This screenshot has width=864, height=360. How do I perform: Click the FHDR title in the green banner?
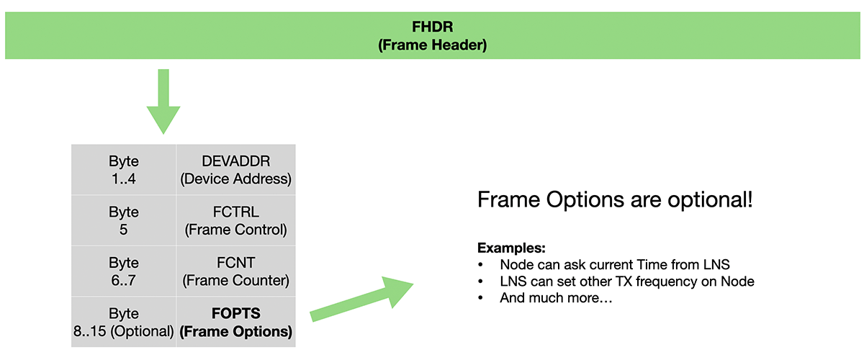click(x=433, y=27)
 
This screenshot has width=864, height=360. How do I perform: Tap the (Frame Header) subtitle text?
click(x=433, y=45)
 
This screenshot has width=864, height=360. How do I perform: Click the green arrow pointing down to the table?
click(x=163, y=102)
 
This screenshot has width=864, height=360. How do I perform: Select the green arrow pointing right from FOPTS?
click(x=361, y=299)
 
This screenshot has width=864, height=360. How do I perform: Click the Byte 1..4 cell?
click(x=123, y=170)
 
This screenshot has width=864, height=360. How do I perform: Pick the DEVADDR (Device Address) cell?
click(x=236, y=170)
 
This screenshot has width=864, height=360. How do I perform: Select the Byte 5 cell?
click(x=123, y=220)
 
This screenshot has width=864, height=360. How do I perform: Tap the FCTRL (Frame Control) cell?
click(x=236, y=220)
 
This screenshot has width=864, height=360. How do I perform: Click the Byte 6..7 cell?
click(x=123, y=271)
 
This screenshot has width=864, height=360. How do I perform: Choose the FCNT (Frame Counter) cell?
click(x=236, y=271)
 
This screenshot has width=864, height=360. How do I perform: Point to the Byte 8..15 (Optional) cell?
click(x=123, y=322)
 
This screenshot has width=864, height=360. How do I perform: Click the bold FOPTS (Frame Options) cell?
click(x=236, y=322)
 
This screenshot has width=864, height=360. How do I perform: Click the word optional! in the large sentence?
click(x=710, y=200)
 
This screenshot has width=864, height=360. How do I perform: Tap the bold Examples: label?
click(x=511, y=248)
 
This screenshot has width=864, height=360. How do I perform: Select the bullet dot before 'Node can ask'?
click(x=480, y=265)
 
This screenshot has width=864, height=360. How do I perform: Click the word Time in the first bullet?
click(x=652, y=265)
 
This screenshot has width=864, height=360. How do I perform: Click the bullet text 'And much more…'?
click(x=556, y=298)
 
